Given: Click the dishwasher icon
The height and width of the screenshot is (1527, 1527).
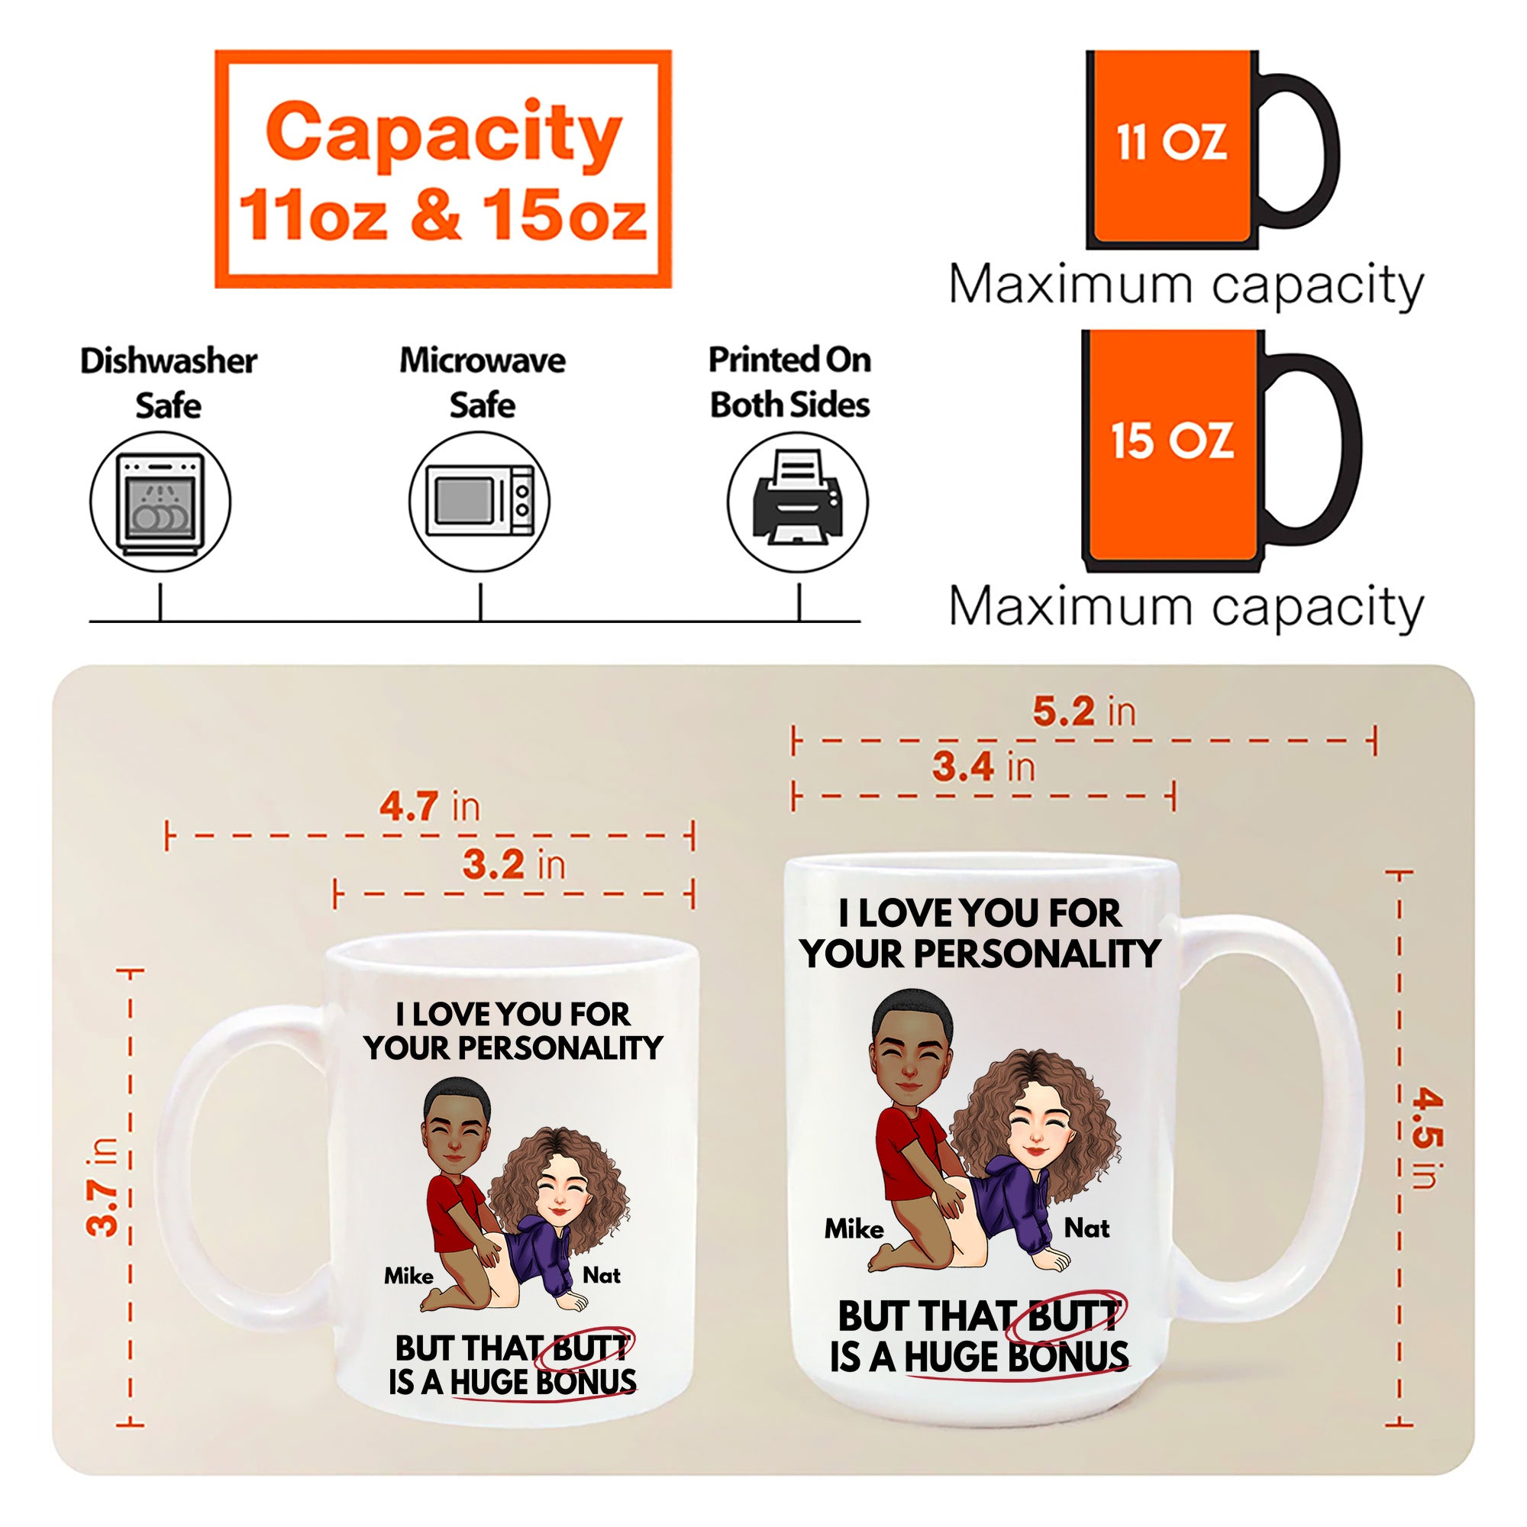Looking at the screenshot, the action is [x=160, y=502].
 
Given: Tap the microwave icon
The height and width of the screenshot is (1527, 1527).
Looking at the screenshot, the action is [x=479, y=502].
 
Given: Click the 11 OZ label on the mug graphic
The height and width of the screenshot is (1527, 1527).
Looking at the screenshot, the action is [x=1171, y=143].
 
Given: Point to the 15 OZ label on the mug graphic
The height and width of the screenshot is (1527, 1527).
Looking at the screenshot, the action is [x=1171, y=441].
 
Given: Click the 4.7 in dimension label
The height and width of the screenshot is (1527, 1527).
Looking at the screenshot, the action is [x=430, y=806].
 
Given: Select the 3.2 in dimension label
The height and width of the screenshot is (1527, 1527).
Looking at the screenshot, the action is [x=515, y=864].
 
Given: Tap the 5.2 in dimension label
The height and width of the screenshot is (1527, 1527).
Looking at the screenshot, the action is [x=1084, y=711].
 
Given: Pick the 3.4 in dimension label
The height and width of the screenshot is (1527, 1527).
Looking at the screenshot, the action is [x=983, y=766].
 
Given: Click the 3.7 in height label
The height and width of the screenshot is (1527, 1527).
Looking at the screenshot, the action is [x=103, y=1186].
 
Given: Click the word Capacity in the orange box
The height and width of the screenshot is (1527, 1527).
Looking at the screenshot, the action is [x=444, y=134].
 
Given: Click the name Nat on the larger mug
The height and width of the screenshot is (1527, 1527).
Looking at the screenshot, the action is [x=1086, y=1228].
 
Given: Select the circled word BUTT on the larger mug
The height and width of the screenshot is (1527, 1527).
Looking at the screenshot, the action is [x=1073, y=1316].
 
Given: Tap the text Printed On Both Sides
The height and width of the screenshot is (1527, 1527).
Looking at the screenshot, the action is [x=789, y=383].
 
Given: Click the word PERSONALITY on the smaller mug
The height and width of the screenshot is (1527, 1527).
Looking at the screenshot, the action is [x=560, y=1048].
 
